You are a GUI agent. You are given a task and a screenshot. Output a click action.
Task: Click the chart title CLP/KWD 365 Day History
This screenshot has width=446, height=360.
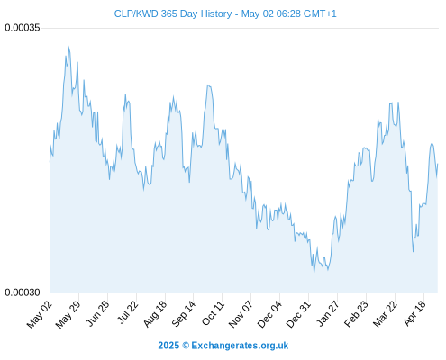pyautogui.click(x=173, y=13)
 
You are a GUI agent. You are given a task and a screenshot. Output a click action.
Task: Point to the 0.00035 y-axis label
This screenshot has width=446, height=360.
pyautogui.click(x=23, y=28)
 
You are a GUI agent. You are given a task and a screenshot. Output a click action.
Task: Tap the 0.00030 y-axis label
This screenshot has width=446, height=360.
pyautogui.click(x=23, y=292)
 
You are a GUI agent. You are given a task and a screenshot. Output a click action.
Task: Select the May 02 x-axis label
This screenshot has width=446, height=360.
pyautogui.click(x=40, y=315)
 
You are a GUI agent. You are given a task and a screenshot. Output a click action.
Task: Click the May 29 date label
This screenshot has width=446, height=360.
pyautogui.click(x=68, y=315)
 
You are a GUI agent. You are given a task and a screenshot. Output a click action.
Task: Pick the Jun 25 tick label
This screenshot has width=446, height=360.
pyautogui.click(x=97, y=314)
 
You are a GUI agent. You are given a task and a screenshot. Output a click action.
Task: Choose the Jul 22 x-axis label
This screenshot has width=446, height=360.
pyautogui.click(x=127, y=313)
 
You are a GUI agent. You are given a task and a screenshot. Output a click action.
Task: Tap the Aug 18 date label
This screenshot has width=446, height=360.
pyautogui.click(x=155, y=314)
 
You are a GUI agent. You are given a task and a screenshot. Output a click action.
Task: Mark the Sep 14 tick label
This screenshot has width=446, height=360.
pyautogui.click(x=183, y=314)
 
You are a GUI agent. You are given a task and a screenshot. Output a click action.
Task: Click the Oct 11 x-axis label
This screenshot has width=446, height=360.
pyautogui.click(x=213, y=314)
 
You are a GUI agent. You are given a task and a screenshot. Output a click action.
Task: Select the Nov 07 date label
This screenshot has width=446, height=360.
pyautogui.click(x=241, y=315)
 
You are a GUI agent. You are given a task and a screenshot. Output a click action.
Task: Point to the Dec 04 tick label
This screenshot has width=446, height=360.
pyautogui.click(x=269, y=315)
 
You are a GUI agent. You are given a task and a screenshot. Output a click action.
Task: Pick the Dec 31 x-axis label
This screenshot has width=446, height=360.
pyautogui.click(x=298, y=315)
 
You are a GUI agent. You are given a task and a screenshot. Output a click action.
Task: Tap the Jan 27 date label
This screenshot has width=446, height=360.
pyautogui.click(x=327, y=314)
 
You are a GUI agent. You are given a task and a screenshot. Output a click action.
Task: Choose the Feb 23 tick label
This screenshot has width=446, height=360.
pyautogui.click(x=356, y=315)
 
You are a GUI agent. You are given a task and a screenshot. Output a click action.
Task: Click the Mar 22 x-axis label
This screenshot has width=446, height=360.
pyautogui.click(x=385, y=315)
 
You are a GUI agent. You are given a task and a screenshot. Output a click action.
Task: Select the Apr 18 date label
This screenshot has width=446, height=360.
pyautogui.click(x=414, y=314)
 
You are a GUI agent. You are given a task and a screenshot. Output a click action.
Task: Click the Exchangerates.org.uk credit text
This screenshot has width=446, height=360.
pyautogui.click(x=240, y=346)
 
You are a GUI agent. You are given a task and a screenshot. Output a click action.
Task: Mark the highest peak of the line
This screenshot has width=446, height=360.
pyautogui.click(x=68, y=47)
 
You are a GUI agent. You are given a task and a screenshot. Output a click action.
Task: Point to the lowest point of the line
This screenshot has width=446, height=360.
pyautogui.click(x=314, y=272)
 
